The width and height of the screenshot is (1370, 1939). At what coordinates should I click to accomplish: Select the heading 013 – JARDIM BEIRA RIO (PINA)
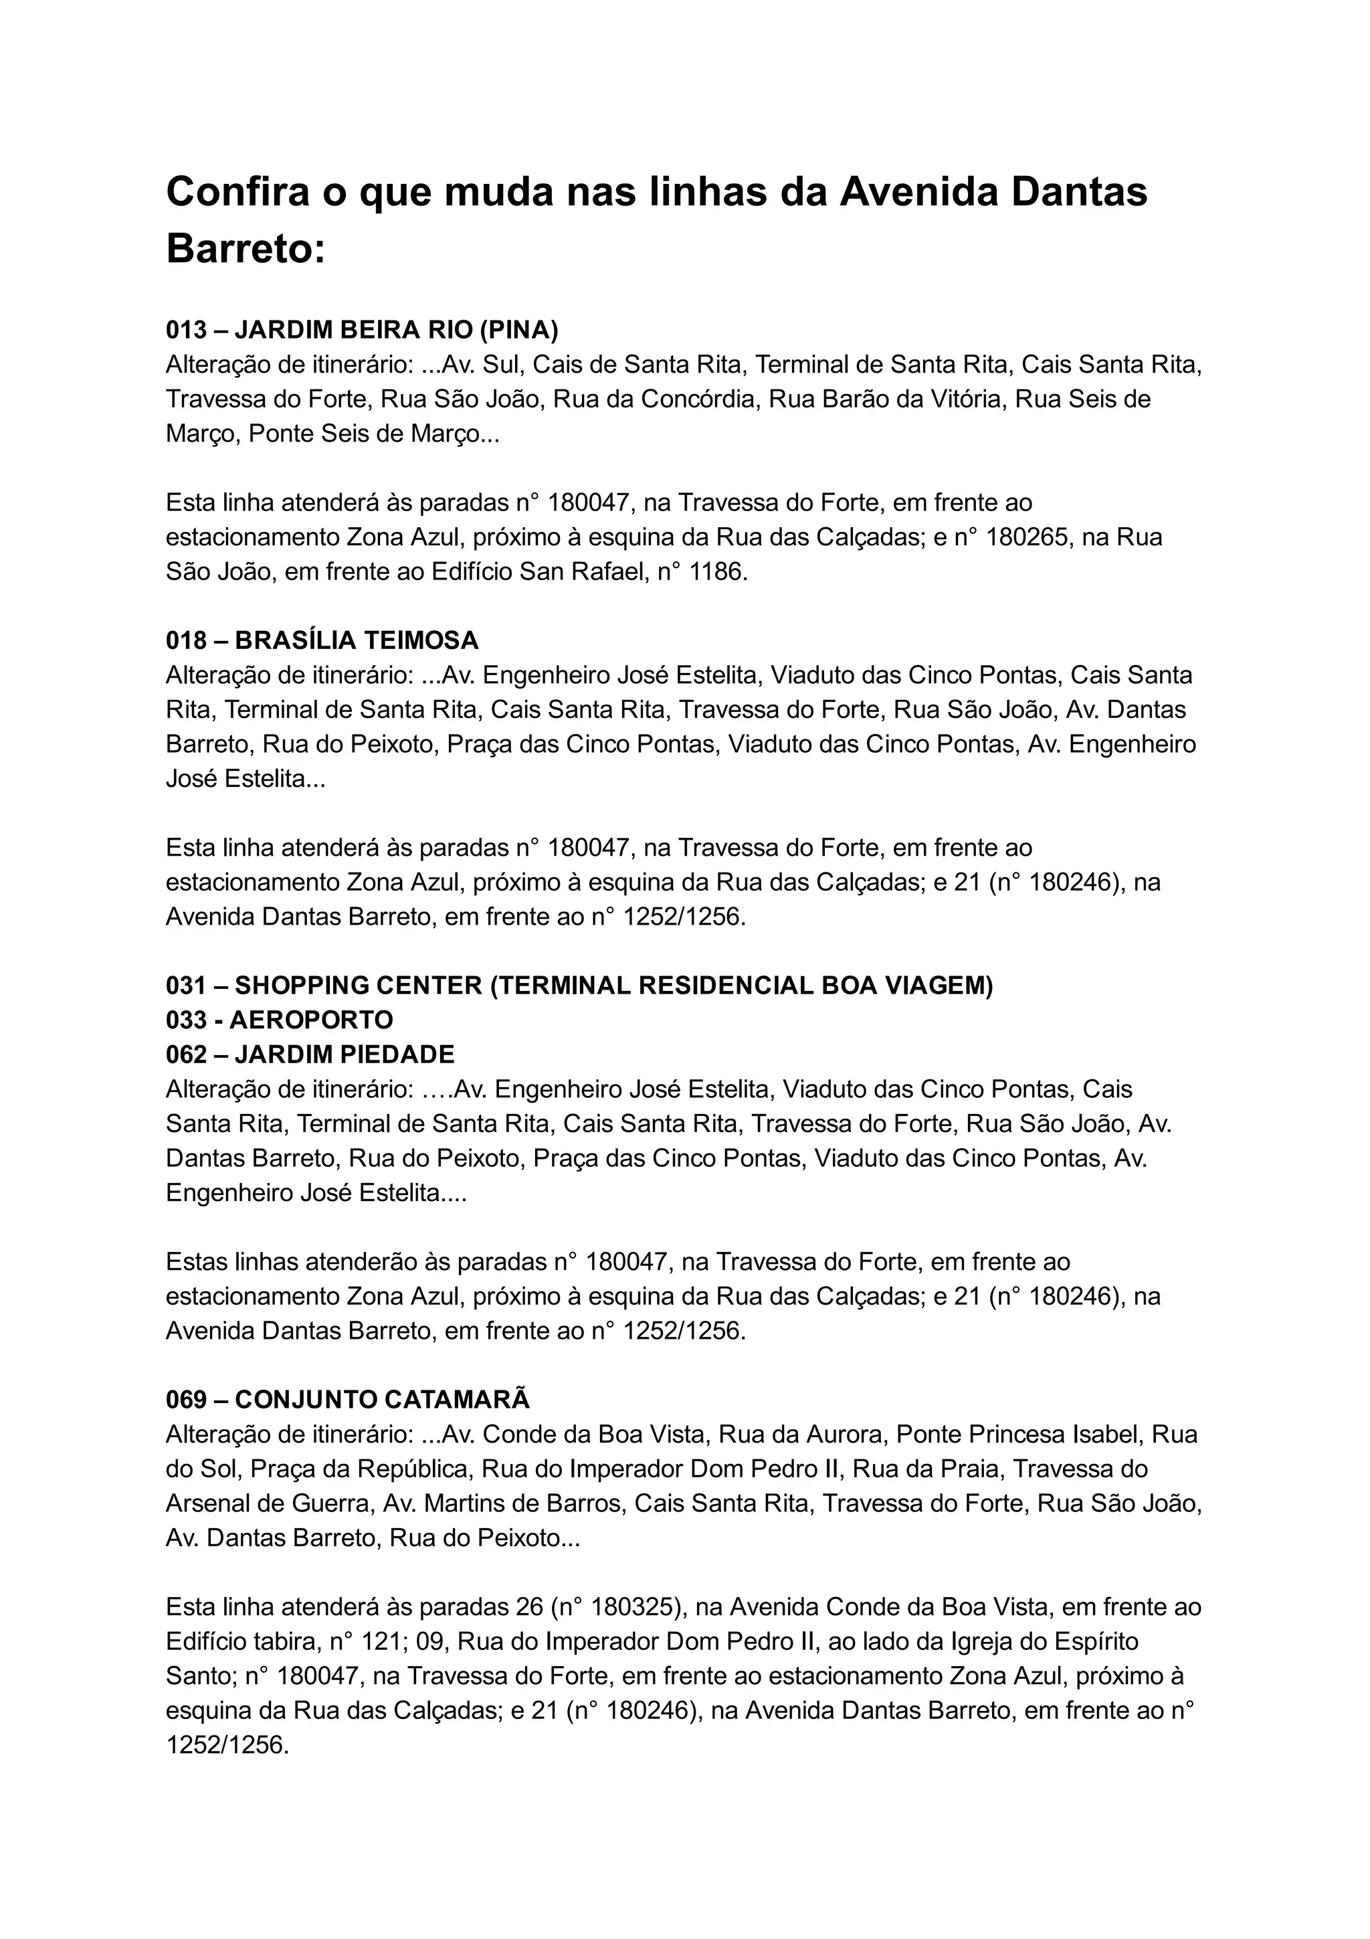pyautogui.click(x=362, y=331)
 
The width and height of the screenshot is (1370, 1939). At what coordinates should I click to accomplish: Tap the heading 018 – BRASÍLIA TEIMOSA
pyautogui.click(x=322, y=641)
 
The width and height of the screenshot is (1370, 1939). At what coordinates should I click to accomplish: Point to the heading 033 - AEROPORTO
pyautogui.click(x=280, y=1020)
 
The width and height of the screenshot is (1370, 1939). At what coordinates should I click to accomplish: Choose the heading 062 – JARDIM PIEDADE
pyautogui.click(x=310, y=1054)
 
